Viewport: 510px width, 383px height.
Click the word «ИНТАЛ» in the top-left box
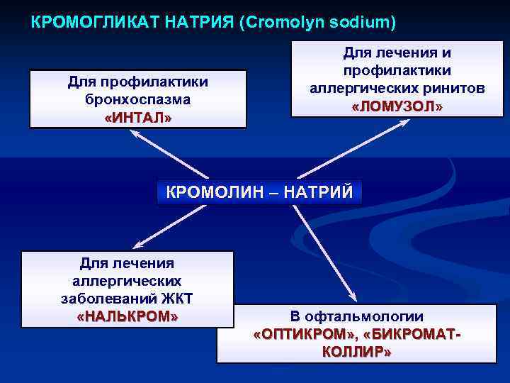click(138, 117)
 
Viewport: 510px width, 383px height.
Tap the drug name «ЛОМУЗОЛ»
click(397, 106)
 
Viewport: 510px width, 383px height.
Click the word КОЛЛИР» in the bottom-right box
click(356, 352)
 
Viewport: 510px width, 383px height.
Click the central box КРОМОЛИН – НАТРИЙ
click(259, 192)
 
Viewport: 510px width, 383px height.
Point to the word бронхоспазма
click(138, 99)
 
